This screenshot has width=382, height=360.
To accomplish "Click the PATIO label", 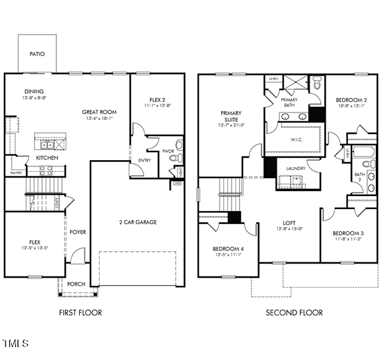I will click(x=37, y=54).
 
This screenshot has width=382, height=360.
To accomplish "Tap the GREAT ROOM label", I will click(x=100, y=112).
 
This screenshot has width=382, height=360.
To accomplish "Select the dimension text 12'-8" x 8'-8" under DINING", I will click(x=35, y=98).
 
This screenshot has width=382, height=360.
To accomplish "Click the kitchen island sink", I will click(x=46, y=145).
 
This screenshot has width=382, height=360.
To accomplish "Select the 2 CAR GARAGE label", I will click(x=137, y=222).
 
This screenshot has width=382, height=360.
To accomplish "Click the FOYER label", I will click(x=77, y=232).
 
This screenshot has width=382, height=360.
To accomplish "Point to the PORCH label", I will click(x=76, y=284).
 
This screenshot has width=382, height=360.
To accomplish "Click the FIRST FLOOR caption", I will click(x=80, y=312).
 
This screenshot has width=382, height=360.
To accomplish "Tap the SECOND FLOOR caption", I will click(x=294, y=312).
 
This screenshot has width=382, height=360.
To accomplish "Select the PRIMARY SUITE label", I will click(x=230, y=117).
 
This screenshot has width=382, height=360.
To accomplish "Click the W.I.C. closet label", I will click(x=296, y=139).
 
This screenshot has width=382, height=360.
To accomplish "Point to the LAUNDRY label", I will click(x=296, y=168).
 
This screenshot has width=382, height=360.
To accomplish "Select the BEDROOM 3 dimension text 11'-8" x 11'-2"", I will click(x=348, y=238).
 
